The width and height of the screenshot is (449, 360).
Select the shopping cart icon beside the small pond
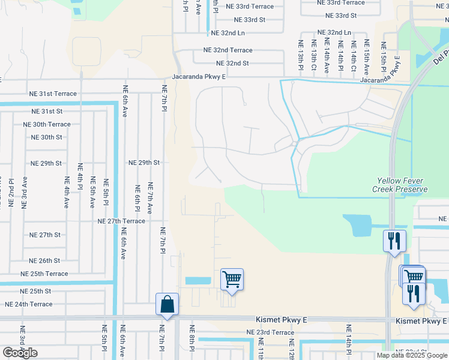pos(232,279)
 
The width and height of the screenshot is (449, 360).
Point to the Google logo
pos(20,353)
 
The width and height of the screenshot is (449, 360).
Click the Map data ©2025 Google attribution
pos(412,355)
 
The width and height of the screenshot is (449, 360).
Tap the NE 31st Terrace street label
pos(53,94)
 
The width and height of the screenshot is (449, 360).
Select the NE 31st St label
pos(47,112)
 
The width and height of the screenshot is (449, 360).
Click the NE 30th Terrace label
pos(46,124)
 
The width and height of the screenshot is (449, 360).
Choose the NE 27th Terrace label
pos(122,221)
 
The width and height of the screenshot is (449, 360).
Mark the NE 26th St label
pos(44,260)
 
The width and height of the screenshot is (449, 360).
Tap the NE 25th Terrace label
pos(44,274)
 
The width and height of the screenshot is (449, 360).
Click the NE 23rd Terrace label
pos(270,332)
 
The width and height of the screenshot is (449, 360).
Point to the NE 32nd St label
pos(232,63)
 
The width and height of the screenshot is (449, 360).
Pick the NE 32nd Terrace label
pos(228,50)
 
